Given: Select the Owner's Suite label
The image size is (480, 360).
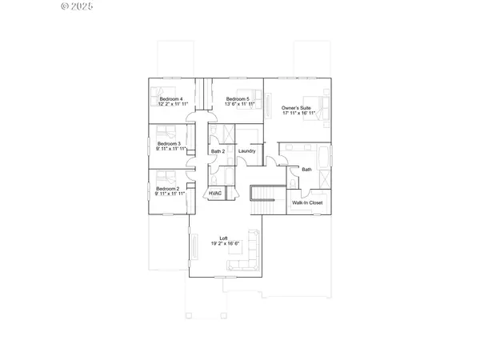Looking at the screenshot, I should pyautogui.click(x=297, y=108).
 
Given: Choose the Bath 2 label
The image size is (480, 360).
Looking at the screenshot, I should pyautogui.click(x=218, y=151).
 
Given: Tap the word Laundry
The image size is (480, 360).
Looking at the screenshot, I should pyautogui.click(x=246, y=151).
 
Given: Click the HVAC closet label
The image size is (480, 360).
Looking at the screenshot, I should pyautogui.click(x=214, y=194).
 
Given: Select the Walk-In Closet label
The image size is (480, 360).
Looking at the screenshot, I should pyautogui.click(x=306, y=203).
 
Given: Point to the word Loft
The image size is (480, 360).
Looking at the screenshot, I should pyautogui.click(x=226, y=238).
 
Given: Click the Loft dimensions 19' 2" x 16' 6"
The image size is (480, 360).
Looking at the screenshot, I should pyautogui.click(x=226, y=244).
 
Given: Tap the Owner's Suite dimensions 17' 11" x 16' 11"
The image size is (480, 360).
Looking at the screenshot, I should pyautogui.click(x=297, y=114).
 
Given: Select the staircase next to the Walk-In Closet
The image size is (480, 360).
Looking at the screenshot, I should pyautogui.click(x=262, y=199).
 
